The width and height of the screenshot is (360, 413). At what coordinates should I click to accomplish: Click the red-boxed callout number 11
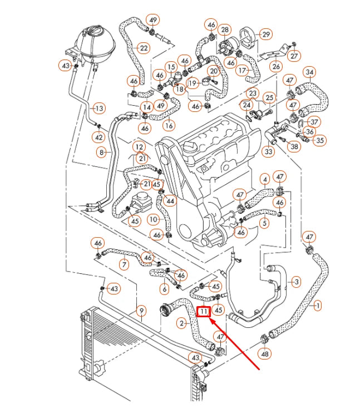pos(204,312)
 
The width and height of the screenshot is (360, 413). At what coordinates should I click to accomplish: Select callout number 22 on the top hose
pos(144,48)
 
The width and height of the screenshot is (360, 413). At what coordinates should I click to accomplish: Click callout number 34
pos(310,72)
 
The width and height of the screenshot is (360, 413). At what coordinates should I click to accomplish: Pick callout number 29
pos(266,35)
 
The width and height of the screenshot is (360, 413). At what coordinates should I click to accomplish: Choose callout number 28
pos(225,29)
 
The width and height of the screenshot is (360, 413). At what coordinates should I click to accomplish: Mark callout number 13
pos(98,108)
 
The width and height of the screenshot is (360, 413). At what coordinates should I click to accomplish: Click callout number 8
pos(101,152)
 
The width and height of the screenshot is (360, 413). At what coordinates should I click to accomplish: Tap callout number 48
pos(265,353)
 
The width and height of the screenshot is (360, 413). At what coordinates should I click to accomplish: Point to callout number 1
pos(318,305)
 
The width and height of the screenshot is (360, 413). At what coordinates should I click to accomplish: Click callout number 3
pos(297,282)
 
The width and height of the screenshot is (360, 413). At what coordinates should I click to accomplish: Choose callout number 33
pos(269,151)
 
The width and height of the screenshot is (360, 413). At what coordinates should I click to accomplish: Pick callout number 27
pos(294,56)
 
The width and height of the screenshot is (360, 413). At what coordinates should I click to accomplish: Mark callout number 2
pos(182,322)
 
